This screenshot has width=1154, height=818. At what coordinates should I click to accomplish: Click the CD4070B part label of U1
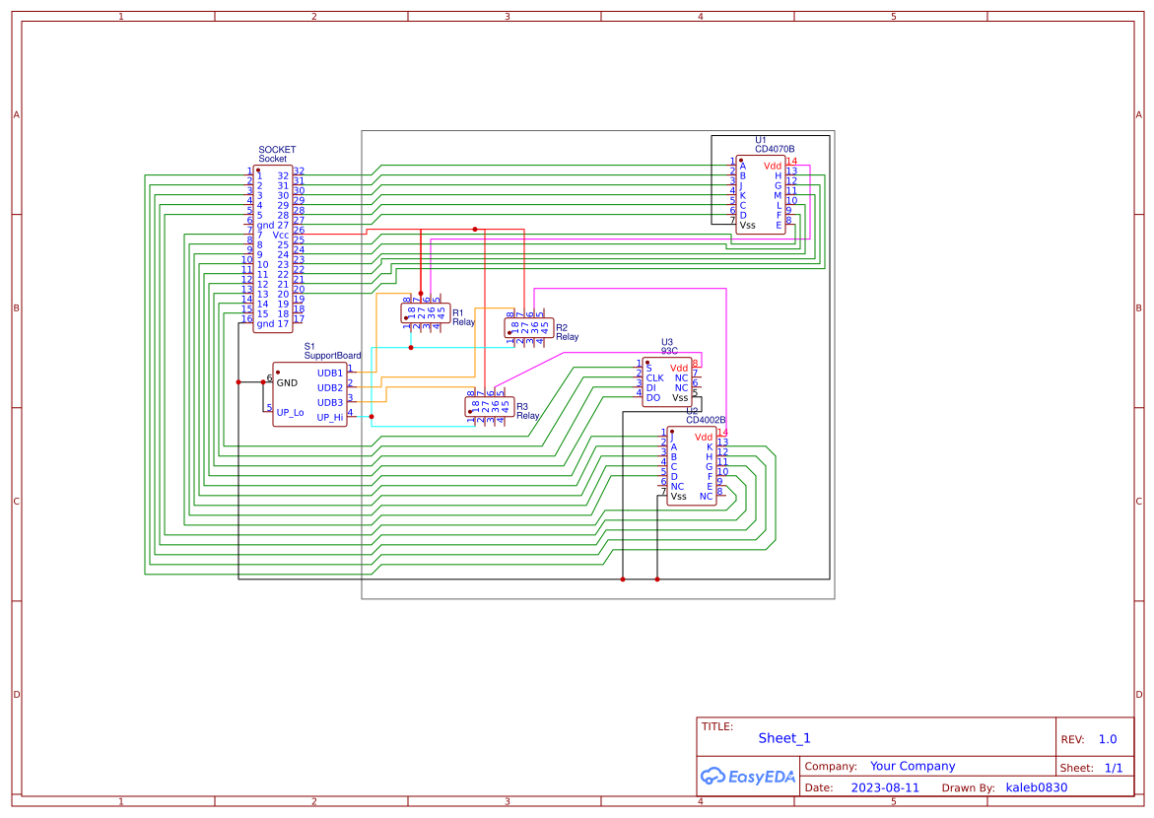775,149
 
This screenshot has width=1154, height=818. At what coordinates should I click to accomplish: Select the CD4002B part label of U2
706,420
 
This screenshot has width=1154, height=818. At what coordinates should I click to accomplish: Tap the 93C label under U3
668,350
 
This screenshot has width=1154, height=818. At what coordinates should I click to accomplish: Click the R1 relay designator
457,312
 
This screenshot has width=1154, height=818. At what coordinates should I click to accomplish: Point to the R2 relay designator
561,327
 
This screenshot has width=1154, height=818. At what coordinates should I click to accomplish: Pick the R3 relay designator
522,406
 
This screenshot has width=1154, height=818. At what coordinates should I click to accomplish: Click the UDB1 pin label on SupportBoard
330,374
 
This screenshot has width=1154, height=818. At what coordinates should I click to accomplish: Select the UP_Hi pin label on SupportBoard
330,417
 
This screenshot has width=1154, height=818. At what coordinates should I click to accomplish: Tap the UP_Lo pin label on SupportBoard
290,413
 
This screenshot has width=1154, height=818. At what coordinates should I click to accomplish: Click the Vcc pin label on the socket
281,235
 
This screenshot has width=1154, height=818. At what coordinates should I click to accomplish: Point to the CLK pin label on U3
654,377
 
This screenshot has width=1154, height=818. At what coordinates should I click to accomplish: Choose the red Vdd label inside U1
772,166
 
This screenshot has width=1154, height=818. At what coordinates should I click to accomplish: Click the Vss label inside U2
678,497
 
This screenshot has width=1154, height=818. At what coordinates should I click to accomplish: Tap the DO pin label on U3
652,397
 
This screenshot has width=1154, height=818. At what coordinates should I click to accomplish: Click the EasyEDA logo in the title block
748,777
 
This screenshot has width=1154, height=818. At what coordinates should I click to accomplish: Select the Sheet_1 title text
784,738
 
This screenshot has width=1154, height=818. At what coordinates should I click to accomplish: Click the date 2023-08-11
884,787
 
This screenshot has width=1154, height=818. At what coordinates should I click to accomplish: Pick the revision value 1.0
1107,739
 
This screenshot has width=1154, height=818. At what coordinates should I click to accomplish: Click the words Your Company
912,766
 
